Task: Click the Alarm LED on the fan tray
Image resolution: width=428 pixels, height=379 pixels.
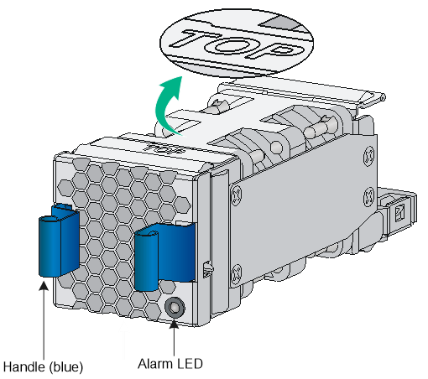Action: (x=175, y=308)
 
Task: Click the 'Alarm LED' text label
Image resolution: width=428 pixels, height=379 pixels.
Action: (x=170, y=364)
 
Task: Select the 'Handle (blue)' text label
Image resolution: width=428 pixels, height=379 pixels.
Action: (x=43, y=366)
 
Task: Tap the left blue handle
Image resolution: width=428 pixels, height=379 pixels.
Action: (x=59, y=241)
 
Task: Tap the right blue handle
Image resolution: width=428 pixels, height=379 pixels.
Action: (x=164, y=257)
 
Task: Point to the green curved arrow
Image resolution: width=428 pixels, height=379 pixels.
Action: (x=166, y=107)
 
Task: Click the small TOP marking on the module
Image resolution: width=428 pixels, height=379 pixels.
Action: (x=163, y=148)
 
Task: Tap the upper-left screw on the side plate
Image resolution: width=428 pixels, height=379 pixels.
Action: (x=236, y=194)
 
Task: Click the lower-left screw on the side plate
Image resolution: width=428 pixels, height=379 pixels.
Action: (x=236, y=273)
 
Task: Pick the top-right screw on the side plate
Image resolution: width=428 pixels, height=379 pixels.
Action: (x=368, y=156)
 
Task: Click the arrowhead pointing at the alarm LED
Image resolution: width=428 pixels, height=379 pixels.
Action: (x=174, y=324)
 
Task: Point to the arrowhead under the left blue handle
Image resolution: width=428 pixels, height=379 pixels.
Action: (x=44, y=286)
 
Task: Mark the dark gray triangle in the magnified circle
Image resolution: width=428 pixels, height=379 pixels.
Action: (x=279, y=22)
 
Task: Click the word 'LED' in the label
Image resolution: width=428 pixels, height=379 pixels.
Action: (x=190, y=364)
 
